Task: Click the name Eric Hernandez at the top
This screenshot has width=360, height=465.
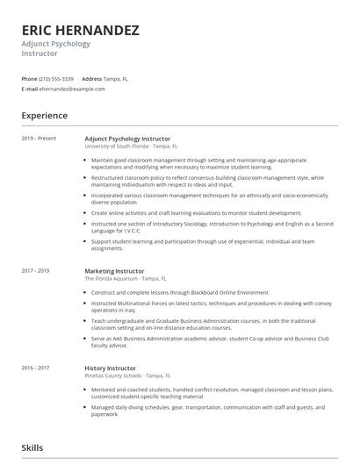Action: (80, 30)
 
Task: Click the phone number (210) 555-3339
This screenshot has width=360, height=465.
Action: (56, 78)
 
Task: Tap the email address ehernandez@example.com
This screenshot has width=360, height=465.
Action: (67, 89)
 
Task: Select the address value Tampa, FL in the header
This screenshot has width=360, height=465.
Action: (119, 78)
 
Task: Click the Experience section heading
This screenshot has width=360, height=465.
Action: (45, 115)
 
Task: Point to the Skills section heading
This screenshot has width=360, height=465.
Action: (32, 447)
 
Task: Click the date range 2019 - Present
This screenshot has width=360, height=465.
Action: (39, 139)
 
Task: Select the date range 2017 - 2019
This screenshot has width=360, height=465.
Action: (36, 271)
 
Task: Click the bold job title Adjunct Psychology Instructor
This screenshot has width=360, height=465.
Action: (127, 139)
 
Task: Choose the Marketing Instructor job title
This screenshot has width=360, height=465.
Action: (114, 271)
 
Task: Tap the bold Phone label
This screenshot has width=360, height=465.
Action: (30, 78)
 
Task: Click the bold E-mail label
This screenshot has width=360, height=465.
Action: (31, 89)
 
